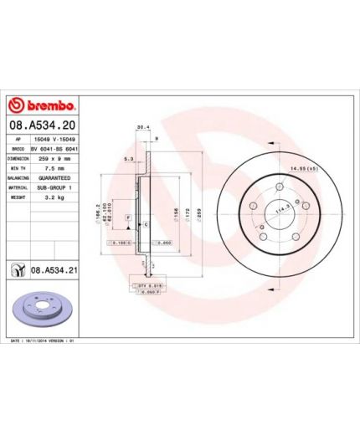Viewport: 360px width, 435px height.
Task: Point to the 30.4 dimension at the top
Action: (143, 128)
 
